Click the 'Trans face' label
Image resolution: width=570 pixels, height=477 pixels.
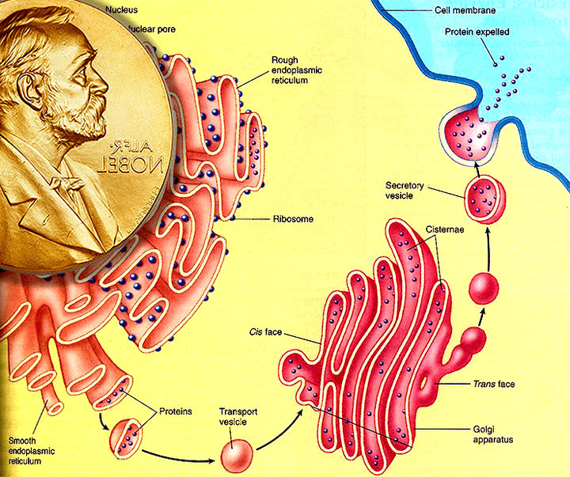pyautogui.click(x=495, y=384)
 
